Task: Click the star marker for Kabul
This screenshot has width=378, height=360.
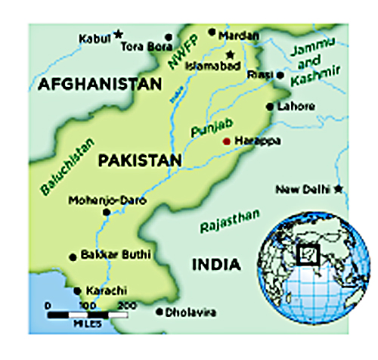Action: pyautogui.click(x=118, y=34)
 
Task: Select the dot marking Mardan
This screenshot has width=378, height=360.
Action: pyautogui.click(x=212, y=34)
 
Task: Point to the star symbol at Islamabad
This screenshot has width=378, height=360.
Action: pyautogui.click(x=231, y=54)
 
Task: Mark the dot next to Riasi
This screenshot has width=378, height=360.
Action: pyautogui.click(x=280, y=76)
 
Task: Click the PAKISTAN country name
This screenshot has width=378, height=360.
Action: pyautogui.click(x=139, y=160)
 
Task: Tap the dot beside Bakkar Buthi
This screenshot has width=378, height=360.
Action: pyautogui.click(x=73, y=257)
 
